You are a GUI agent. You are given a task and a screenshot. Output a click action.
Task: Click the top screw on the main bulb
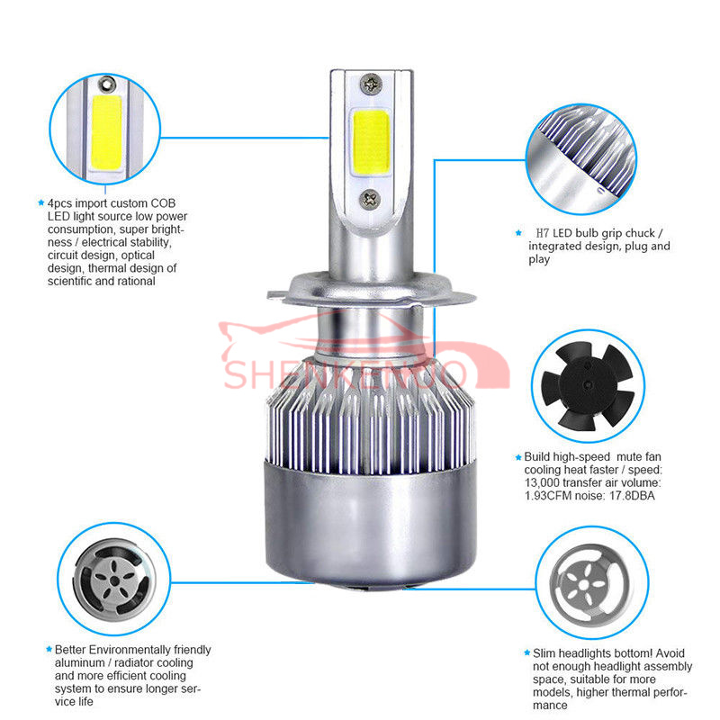(x=371, y=84)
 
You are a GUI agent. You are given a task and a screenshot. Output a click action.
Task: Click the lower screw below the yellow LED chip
(x=370, y=199)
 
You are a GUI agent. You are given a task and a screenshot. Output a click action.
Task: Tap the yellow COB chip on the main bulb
(x=372, y=143)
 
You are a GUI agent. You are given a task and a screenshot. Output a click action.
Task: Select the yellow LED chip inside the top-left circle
(x=106, y=131)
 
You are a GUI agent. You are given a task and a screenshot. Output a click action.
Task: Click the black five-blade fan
(x=588, y=386)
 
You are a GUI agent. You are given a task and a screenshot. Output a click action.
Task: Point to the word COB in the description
(x=163, y=203)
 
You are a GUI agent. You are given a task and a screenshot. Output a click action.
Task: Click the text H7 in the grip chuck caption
(x=543, y=233)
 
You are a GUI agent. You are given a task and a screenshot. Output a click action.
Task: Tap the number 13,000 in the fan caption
(x=542, y=482)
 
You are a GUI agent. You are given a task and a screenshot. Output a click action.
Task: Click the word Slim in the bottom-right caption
(x=544, y=653)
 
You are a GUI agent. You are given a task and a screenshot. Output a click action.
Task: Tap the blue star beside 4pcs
(x=40, y=202)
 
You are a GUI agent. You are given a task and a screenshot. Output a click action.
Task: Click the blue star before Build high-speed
(x=518, y=457)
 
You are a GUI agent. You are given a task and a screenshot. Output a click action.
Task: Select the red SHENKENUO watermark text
(x=345, y=374)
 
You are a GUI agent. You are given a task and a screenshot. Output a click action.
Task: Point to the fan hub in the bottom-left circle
(x=114, y=581)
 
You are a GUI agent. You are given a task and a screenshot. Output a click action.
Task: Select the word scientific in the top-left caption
(x=71, y=281)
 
